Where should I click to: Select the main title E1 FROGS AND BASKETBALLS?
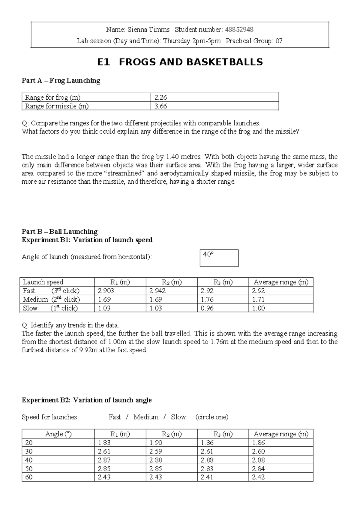[180, 62]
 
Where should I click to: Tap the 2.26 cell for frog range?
[160, 97]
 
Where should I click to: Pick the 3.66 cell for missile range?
[160, 106]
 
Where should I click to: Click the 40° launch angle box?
[219, 258]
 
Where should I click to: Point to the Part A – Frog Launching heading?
[61, 80]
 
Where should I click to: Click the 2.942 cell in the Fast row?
[157, 291]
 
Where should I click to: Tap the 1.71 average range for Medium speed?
[258, 299]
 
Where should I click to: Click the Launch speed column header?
[43, 282]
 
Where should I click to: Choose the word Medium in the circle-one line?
[146, 417]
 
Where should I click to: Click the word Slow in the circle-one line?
[178, 417]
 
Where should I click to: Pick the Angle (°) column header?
[58, 434]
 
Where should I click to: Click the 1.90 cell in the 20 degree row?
[155, 443]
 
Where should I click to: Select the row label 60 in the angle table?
[29, 477]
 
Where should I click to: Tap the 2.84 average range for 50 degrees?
[258, 468]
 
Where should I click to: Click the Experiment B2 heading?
[87, 400]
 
